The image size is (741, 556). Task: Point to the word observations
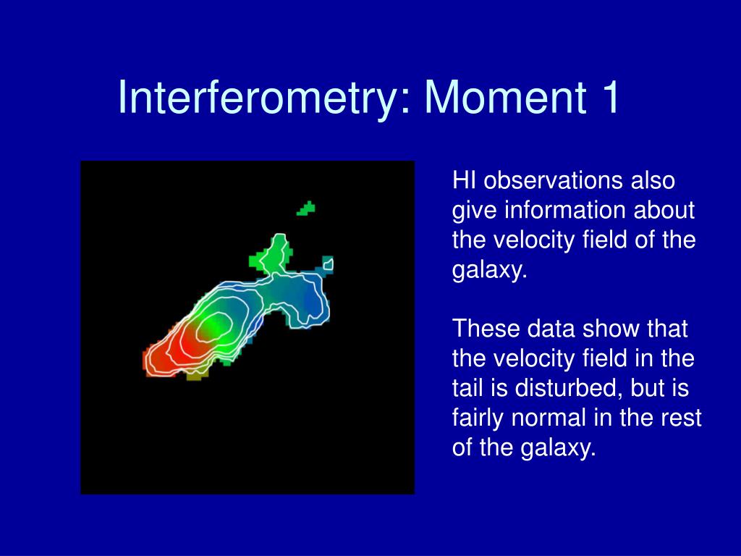(552, 180)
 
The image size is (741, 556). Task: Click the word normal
(549, 418)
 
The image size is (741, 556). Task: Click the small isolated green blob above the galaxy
(306, 208)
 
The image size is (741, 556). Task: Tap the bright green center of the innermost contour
(215, 325)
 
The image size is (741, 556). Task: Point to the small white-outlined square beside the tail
(328, 263)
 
